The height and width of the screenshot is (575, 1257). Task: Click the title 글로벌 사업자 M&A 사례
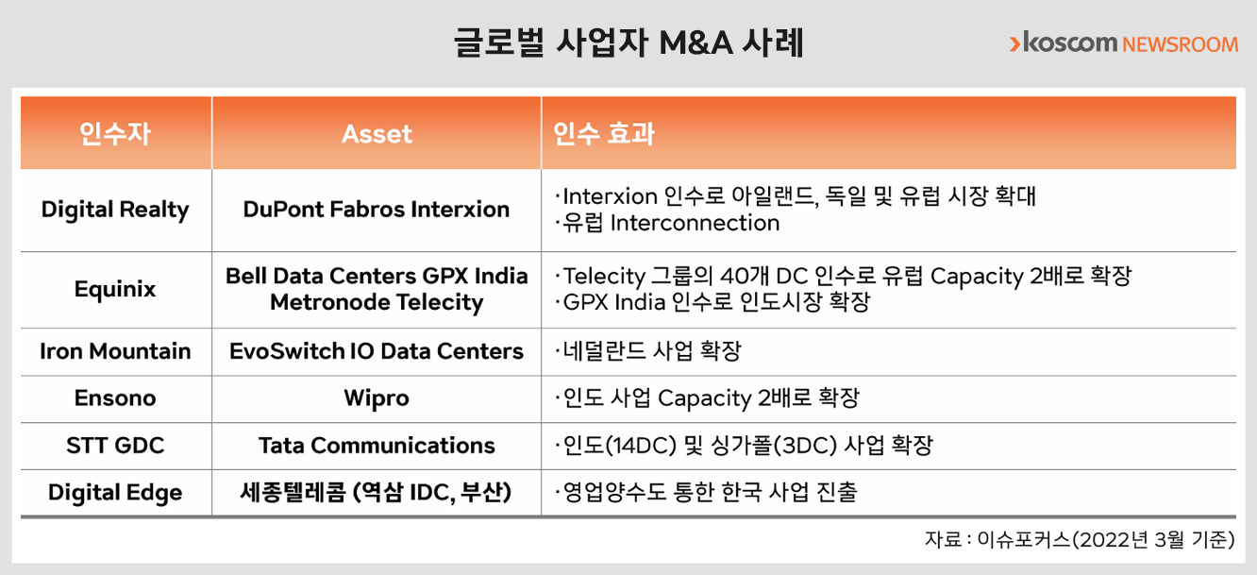628,42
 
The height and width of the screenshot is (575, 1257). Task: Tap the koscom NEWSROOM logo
1123,43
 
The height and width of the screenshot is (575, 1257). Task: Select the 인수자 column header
115,134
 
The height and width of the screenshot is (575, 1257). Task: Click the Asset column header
377,134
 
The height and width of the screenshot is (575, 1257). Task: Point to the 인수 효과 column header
604,134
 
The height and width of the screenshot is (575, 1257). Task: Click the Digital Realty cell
115,210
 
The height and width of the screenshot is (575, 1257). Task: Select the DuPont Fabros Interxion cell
377,210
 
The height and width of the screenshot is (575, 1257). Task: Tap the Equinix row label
115,290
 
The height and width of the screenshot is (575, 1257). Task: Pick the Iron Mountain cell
115,351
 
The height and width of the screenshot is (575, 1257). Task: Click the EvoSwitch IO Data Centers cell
377,351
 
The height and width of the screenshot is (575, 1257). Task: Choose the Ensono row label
115,398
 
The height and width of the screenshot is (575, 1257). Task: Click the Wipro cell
377,399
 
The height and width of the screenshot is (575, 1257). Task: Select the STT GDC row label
115,446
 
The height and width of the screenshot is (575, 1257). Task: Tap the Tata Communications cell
377,446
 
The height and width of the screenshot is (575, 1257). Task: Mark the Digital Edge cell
115,493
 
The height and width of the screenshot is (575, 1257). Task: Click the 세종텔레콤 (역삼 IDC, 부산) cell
376,493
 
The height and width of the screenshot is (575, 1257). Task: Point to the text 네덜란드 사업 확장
648,351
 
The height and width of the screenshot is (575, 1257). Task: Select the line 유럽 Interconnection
667,223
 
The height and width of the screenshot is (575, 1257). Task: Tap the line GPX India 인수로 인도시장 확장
712,302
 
